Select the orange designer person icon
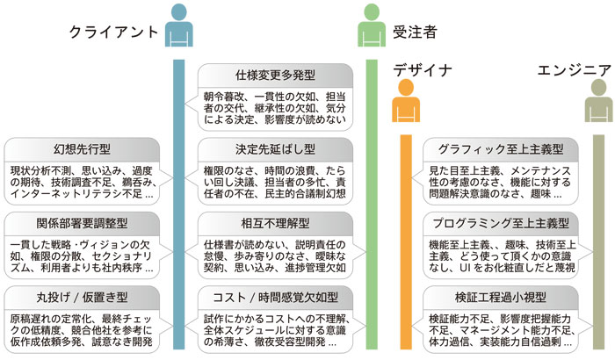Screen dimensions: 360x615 [x=405, y=102]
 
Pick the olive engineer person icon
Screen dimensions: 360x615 [x=598, y=102]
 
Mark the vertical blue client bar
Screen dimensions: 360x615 [x=179, y=202]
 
